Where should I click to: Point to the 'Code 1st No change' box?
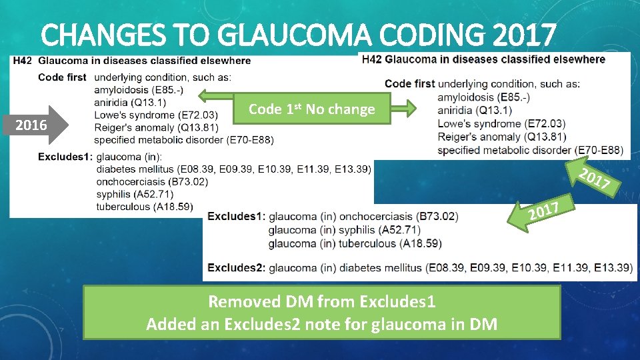[311, 109]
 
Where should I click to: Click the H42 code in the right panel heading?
[372, 59]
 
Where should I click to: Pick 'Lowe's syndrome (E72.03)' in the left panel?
[155, 115]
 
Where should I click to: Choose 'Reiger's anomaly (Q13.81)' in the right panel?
[501, 137]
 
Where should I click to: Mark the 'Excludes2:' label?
[236, 268]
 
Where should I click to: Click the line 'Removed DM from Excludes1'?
[322, 302]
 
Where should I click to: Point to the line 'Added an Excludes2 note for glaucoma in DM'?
[322, 324]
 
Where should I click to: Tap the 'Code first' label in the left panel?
[62, 77]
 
